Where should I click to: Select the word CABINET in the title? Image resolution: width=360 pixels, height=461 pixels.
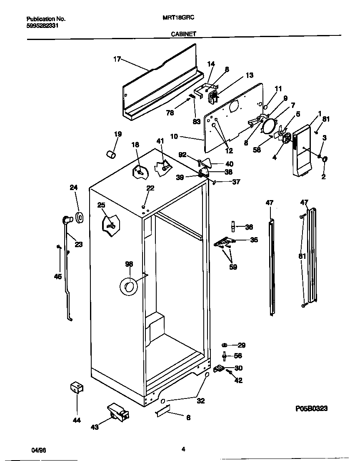point(183,35)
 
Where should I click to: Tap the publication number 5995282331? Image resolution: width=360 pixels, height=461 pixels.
point(42,25)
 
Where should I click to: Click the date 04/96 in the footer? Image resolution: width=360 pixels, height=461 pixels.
point(39,450)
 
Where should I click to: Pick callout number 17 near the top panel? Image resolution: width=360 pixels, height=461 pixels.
point(117,59)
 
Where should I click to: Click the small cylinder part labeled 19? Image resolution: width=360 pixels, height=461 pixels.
point(110,155)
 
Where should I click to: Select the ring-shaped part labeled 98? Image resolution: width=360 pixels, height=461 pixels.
point(128,287)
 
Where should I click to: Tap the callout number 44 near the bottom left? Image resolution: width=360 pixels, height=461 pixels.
point(76,421)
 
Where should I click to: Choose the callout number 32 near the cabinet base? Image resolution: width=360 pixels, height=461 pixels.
point(201,401)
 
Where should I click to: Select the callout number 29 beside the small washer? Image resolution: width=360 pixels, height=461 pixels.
point(241,345)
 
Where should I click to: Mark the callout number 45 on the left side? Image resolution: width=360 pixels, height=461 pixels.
point(58,276)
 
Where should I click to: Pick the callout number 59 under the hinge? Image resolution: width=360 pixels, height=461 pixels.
point(233,267)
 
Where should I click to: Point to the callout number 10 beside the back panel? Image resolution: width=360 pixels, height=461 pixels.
point(175,136)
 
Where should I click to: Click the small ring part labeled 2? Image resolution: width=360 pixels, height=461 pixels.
point(325,160)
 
